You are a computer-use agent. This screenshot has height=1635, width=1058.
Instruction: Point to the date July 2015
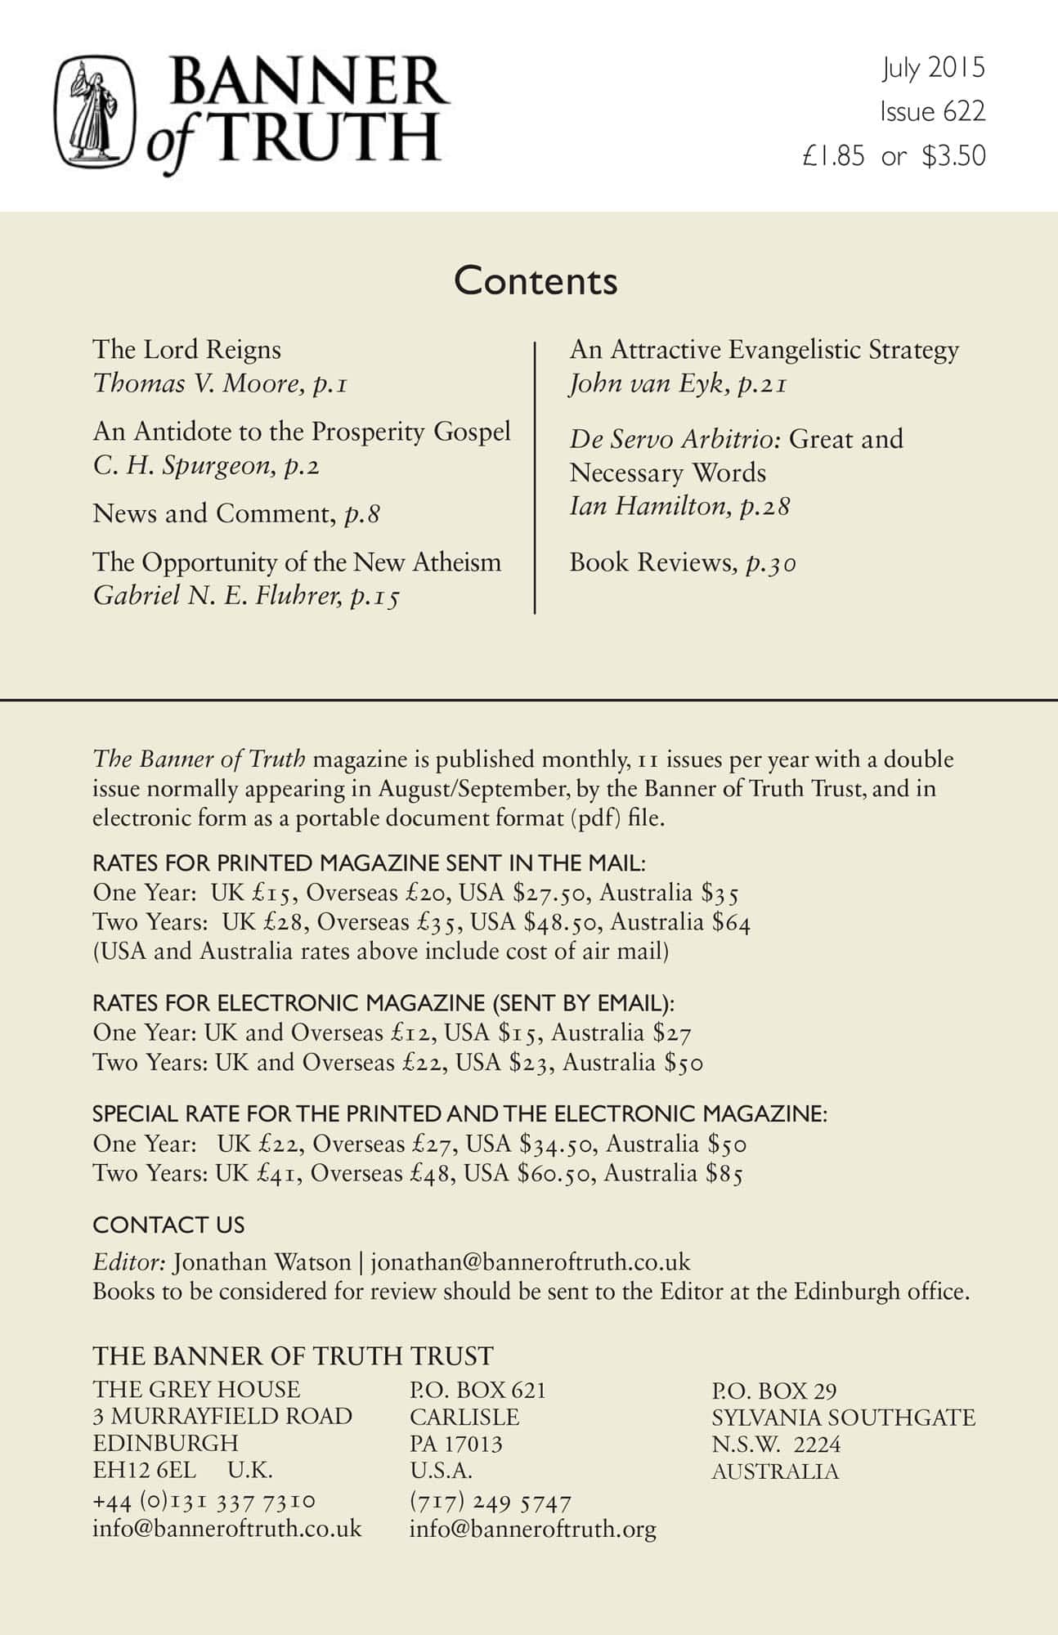pos(933,69)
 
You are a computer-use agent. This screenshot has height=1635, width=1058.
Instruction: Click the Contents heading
pos(536,280)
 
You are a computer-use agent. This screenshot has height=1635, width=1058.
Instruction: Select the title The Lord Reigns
pos(186,350)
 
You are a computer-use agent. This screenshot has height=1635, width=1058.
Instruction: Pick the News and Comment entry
pos(235,514)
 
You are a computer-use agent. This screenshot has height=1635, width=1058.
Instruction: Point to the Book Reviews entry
pos(682,563)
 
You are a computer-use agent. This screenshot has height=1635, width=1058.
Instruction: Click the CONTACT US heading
pos(168,1225)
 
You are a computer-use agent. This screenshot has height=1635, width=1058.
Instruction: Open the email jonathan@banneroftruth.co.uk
pos(531,1262)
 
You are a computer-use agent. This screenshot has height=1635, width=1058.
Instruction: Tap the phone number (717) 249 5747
pos(490,1502)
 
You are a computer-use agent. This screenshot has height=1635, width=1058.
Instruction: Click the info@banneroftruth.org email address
pos(532,1529)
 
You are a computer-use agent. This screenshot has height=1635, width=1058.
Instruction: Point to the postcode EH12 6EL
pos(145,1470)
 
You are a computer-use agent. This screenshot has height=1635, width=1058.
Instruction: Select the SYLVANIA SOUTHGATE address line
pos(843,1418)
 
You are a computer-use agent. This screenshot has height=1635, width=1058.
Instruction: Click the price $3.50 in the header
pos(953,156)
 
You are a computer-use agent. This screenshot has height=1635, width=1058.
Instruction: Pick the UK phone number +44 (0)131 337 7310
pos(204,1501)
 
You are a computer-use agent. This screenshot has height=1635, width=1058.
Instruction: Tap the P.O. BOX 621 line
pos(477,1390)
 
